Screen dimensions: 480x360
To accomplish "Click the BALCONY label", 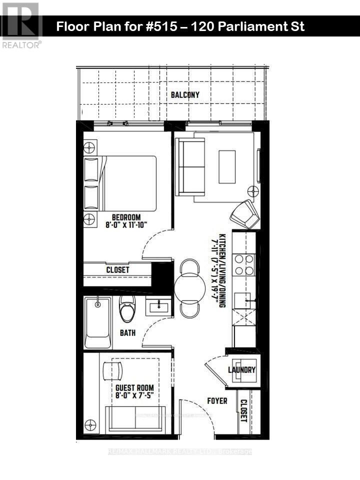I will (185, 94).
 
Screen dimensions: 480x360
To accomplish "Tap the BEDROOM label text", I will (126, 217).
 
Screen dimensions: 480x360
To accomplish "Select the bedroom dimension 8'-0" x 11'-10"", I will (126, 225).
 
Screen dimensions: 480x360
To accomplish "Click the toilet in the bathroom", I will (127, 308).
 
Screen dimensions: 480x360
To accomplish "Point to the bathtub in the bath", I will (98, 322).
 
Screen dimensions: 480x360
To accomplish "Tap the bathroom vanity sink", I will (158, 305).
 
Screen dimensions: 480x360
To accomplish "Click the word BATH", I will (128, 332).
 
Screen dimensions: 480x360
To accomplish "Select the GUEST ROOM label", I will (134, 387).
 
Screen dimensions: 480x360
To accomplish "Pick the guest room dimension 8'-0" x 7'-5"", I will (134, 395).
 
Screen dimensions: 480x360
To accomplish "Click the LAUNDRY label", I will (242, 370).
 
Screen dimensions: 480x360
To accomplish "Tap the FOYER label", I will (217, 401).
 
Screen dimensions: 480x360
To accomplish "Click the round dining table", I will (189, 288).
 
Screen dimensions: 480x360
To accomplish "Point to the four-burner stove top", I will (244, 265).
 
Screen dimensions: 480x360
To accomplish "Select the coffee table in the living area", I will (227, 166).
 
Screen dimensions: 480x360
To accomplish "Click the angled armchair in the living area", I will (245, 213).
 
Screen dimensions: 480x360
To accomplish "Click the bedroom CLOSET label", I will (117, 270).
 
